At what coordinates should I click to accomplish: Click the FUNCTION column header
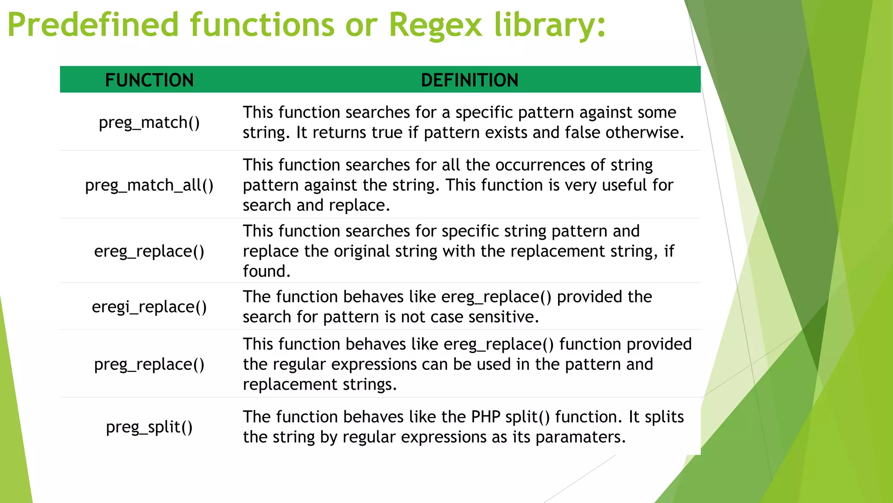149,80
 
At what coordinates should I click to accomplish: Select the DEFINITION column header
470,80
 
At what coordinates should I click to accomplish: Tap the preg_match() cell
149,123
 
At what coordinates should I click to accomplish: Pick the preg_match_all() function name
149,185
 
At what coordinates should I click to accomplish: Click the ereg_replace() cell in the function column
149,251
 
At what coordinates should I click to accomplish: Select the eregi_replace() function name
149,307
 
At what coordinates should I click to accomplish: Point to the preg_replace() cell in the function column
149,364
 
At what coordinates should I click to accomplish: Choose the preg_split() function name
149,427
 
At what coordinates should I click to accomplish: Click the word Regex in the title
435,25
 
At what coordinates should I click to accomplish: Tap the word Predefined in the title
93,25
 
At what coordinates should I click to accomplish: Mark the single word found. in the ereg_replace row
266,271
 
